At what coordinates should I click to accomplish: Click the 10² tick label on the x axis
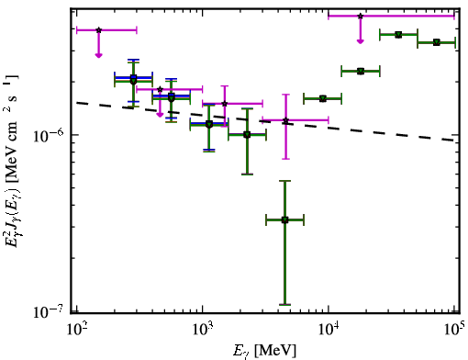click(76, 330)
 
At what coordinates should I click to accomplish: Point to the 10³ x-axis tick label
click(202, 330)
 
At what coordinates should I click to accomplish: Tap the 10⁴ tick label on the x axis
click(329, 330)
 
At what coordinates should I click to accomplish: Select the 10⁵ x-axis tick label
click(455, 330)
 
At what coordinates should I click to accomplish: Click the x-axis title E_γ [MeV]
click(264, 351)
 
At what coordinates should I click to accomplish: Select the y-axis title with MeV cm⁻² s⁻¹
click(12, 161)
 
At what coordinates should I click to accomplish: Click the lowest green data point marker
click(284, 219)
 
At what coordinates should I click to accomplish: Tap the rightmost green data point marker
click(437, 42)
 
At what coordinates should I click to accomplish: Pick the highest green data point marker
click(398, 35)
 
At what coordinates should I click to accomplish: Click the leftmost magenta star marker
click(98, 30)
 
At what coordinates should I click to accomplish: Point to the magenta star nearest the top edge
click(361, 16)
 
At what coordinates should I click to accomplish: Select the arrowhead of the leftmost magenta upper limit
click(98, 55)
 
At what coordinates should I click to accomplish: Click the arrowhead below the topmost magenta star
click(361, 41)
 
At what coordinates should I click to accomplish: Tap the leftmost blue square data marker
click(133, 77)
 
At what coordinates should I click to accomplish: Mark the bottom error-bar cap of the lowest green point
click(284, 305)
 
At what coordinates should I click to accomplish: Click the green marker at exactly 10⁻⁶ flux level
click(247, 135)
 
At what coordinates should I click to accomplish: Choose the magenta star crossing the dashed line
click(285, 120)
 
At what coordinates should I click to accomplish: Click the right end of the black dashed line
click(454, 141)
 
